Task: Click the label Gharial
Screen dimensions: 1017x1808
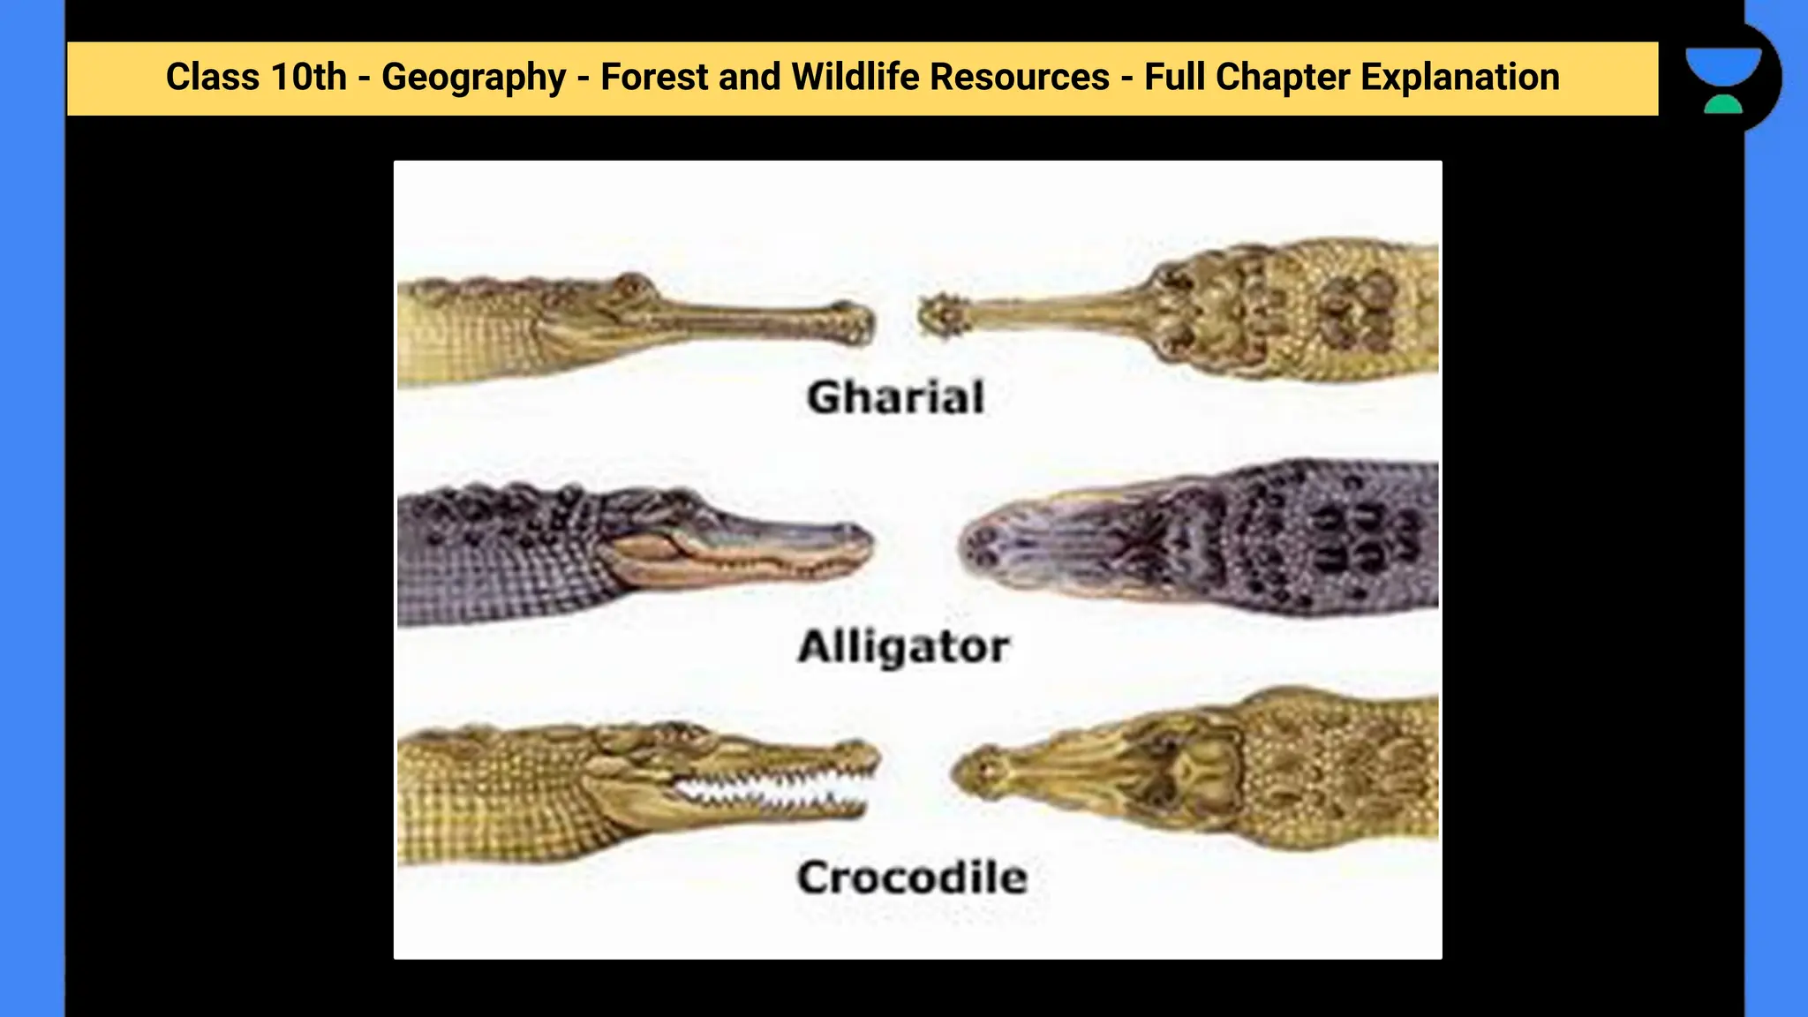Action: tap(895, 397)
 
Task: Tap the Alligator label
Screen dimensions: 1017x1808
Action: tap(903, 647)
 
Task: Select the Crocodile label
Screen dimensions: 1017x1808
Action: tap(912, 878)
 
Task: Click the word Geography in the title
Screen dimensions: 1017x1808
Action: tap(473, 78)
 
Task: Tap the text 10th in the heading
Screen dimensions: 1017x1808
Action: tap(308, 77)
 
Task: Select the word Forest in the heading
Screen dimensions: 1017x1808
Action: tap(654, 77)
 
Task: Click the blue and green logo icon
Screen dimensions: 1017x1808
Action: tap(1722, 80)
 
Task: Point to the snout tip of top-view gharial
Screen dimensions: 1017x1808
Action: tap(941, 315)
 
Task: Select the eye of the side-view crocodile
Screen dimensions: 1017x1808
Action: tap(675, 732)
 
